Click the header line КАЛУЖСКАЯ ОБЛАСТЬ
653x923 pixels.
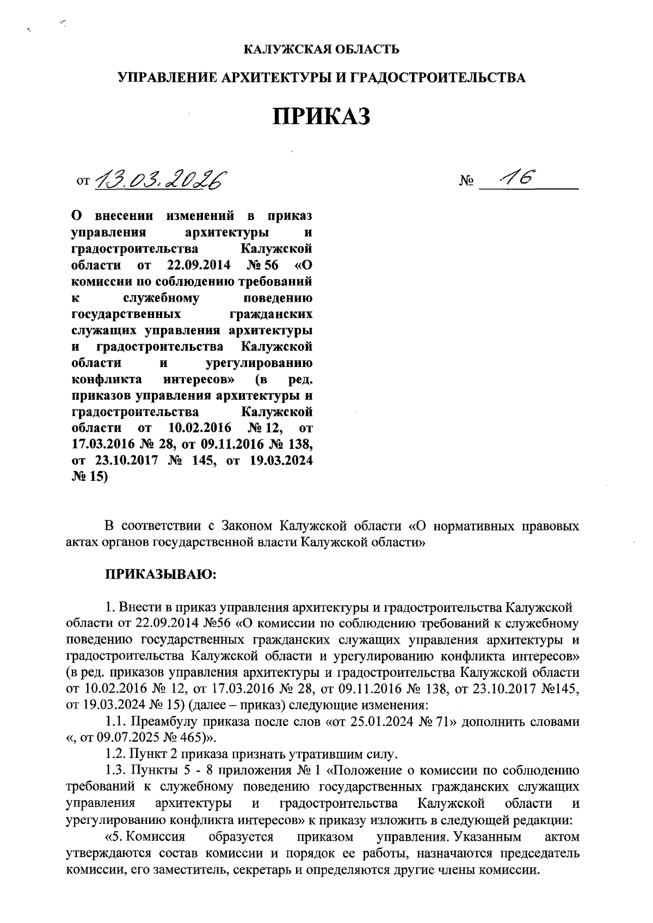click(x=321, y=50)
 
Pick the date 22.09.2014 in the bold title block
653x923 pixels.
click(x=196, y=266)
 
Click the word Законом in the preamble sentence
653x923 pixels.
click(x=247, y=527)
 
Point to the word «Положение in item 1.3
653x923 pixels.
click(x=364, y=771)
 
